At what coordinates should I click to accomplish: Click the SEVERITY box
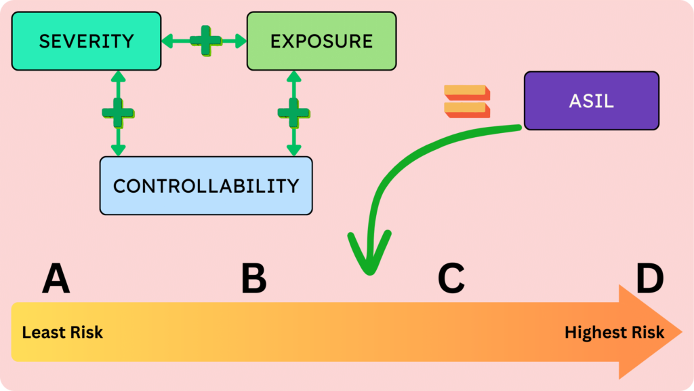coord(86,41)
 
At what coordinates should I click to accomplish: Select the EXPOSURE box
coord(321,41)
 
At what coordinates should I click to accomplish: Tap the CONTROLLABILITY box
coord(206,186)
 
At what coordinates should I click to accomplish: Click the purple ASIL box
coord(591,100)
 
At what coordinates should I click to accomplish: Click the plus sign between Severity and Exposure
coord(205,41)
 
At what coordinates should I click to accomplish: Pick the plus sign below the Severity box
coord(118,113)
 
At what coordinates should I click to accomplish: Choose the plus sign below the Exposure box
coord(293,113)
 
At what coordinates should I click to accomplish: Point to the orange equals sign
coord(466,100)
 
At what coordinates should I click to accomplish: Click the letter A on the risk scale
coord(56,279)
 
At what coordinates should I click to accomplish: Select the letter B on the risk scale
coord(253,279)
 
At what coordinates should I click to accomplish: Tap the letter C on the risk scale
coord(451,279)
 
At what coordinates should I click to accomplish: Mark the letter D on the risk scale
coord(649,279)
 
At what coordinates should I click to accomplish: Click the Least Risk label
coord(62,333)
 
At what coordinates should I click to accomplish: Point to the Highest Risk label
coord(614,333)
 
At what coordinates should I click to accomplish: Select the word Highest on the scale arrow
coord(595,333)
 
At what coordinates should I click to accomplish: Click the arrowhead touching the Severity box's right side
coord(167,41)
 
